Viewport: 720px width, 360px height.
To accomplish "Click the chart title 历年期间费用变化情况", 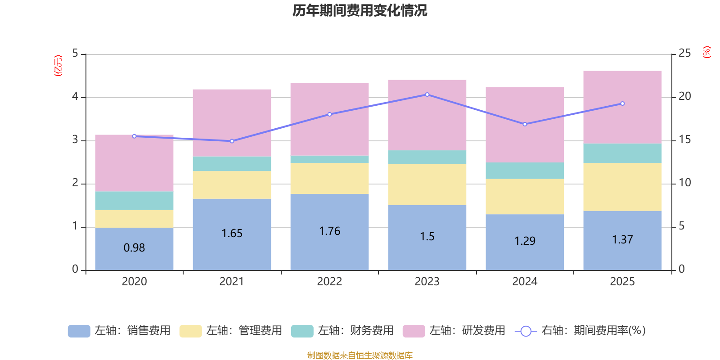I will pos(360,10).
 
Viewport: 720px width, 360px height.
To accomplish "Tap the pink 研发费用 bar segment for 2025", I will pos(622,107).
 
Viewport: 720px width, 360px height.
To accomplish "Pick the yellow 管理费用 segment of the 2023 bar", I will pos(427,184).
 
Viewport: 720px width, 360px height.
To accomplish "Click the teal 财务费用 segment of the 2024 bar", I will pos(525,171).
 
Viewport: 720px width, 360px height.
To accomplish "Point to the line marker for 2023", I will pos(427,94).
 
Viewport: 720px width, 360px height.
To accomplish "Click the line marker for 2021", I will pos(232,141).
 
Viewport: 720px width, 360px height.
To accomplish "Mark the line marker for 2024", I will pos(525,124).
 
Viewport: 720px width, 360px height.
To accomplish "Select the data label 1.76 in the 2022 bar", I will pos(329,231).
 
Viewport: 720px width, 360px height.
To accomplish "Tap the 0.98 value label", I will pos(134,248).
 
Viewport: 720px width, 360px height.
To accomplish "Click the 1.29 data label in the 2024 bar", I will pos(525,241).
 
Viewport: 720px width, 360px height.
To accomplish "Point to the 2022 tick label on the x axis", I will pos(329,282).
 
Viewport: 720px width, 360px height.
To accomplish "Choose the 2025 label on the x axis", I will pos(622,282).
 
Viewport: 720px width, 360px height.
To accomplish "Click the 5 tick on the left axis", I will pos(75,54).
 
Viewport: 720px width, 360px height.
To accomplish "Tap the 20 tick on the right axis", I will pos(684,96).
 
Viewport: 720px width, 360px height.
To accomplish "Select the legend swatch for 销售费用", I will pos(79,331).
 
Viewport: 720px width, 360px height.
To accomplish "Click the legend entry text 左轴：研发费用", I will pos(467,331).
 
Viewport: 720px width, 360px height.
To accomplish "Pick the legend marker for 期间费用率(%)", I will pos(526,331).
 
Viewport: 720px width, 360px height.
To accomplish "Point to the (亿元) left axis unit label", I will pos(58,66).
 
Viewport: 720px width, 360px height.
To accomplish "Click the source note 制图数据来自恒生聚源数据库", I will pos(360,355).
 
